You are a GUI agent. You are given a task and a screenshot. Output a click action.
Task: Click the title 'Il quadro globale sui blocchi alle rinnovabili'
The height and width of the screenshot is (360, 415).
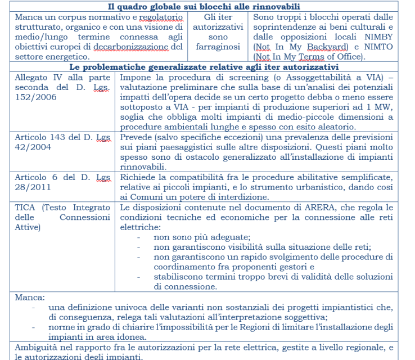pos(207,6)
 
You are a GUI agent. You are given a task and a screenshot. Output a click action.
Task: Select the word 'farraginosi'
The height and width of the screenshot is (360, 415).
pos(219,47)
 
